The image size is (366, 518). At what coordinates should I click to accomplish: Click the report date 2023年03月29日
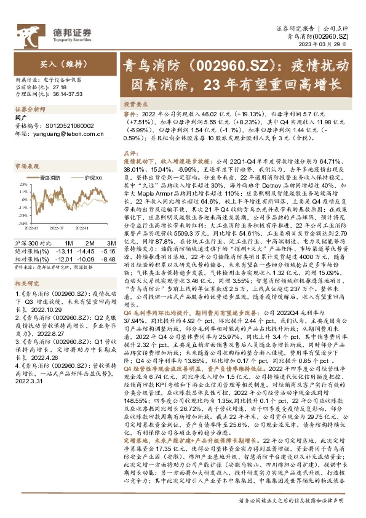point(332,45)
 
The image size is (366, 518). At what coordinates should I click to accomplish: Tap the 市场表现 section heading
point(26,166)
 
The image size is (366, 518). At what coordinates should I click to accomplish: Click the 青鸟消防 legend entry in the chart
point(49,177)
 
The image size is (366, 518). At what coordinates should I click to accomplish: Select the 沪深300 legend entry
point(92,177)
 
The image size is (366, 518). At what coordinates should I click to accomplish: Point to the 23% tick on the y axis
point(20,183)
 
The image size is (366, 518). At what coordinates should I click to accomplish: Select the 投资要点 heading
point(137,105)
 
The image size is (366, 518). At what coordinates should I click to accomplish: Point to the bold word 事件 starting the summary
point(131,114)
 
